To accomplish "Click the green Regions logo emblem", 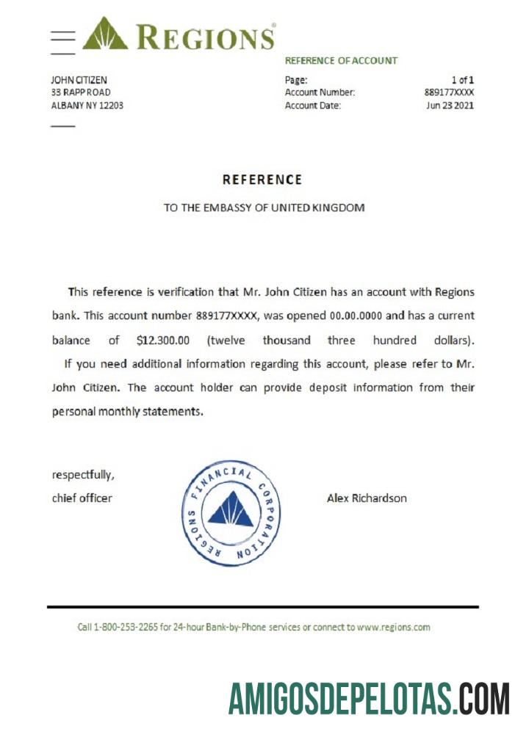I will coord(104,34).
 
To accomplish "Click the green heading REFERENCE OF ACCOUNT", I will coord(341,61).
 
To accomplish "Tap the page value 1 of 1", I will coord(462,79).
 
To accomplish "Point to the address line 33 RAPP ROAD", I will coord(81,92).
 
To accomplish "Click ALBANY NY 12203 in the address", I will coord(87,105).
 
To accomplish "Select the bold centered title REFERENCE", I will coord(262,180).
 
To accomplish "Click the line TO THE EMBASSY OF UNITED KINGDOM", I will coord(264,208).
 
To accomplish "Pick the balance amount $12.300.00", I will coord(163,341).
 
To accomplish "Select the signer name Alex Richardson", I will coord(367,498).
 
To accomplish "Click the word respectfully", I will coord(83,475).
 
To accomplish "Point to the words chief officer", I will coord(82,498).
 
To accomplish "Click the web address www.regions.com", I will coord(393,628).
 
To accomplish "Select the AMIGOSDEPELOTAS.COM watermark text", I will coord(369,698).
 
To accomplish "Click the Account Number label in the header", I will coord(320,92).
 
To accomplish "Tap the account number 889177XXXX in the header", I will coord(449,92).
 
